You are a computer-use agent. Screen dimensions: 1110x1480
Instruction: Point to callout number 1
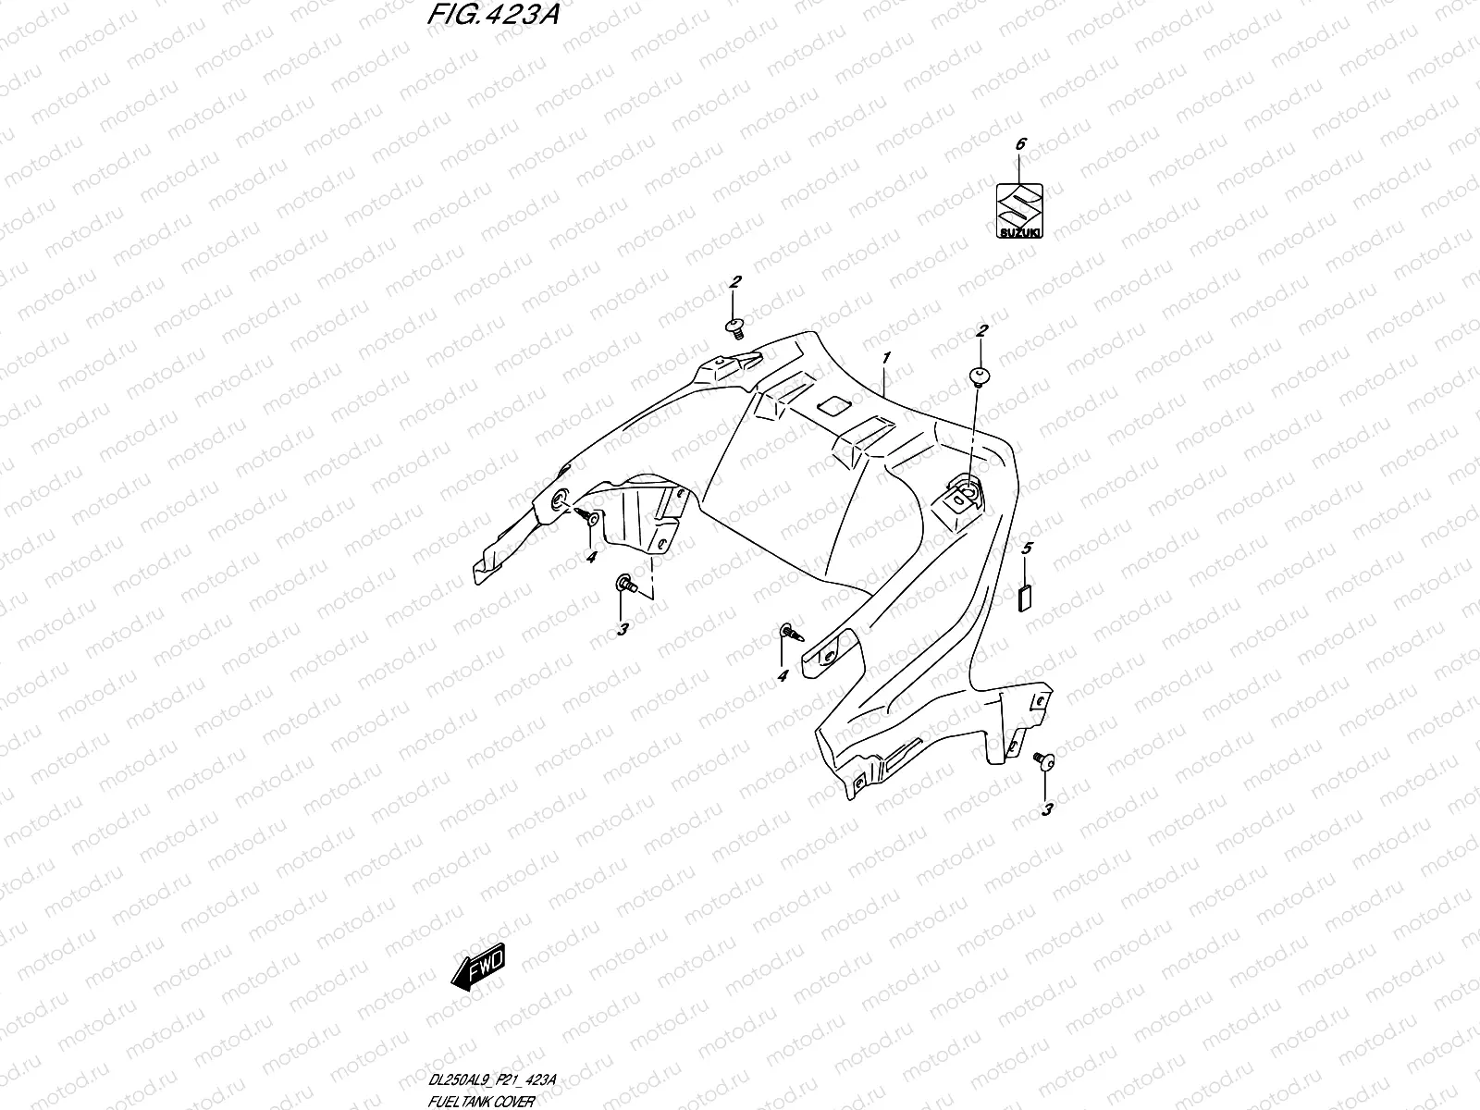pyautogui.click(x=886, y=358)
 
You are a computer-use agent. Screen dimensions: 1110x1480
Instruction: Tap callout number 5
pyautogui.click(x=1026, y=549)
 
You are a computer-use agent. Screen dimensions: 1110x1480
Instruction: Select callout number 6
pyautogui.click(x=1020, y=144)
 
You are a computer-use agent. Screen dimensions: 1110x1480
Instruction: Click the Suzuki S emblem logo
pyautogui.click(x=1019, y=204)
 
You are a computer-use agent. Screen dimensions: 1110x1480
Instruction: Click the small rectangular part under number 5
pyautogui.click(x=1022, y=598)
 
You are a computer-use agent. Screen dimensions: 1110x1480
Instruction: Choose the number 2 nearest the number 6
pyautogui.click(x=981, y=330)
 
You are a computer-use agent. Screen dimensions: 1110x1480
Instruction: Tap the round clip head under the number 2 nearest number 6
pyautogui.click(x=980, y=374)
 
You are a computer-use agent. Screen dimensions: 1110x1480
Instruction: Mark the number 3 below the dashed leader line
pyautogui.click(x=623, y=629)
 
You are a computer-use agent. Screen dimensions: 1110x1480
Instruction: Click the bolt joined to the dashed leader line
pyautogui.click(x=624, y=583)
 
